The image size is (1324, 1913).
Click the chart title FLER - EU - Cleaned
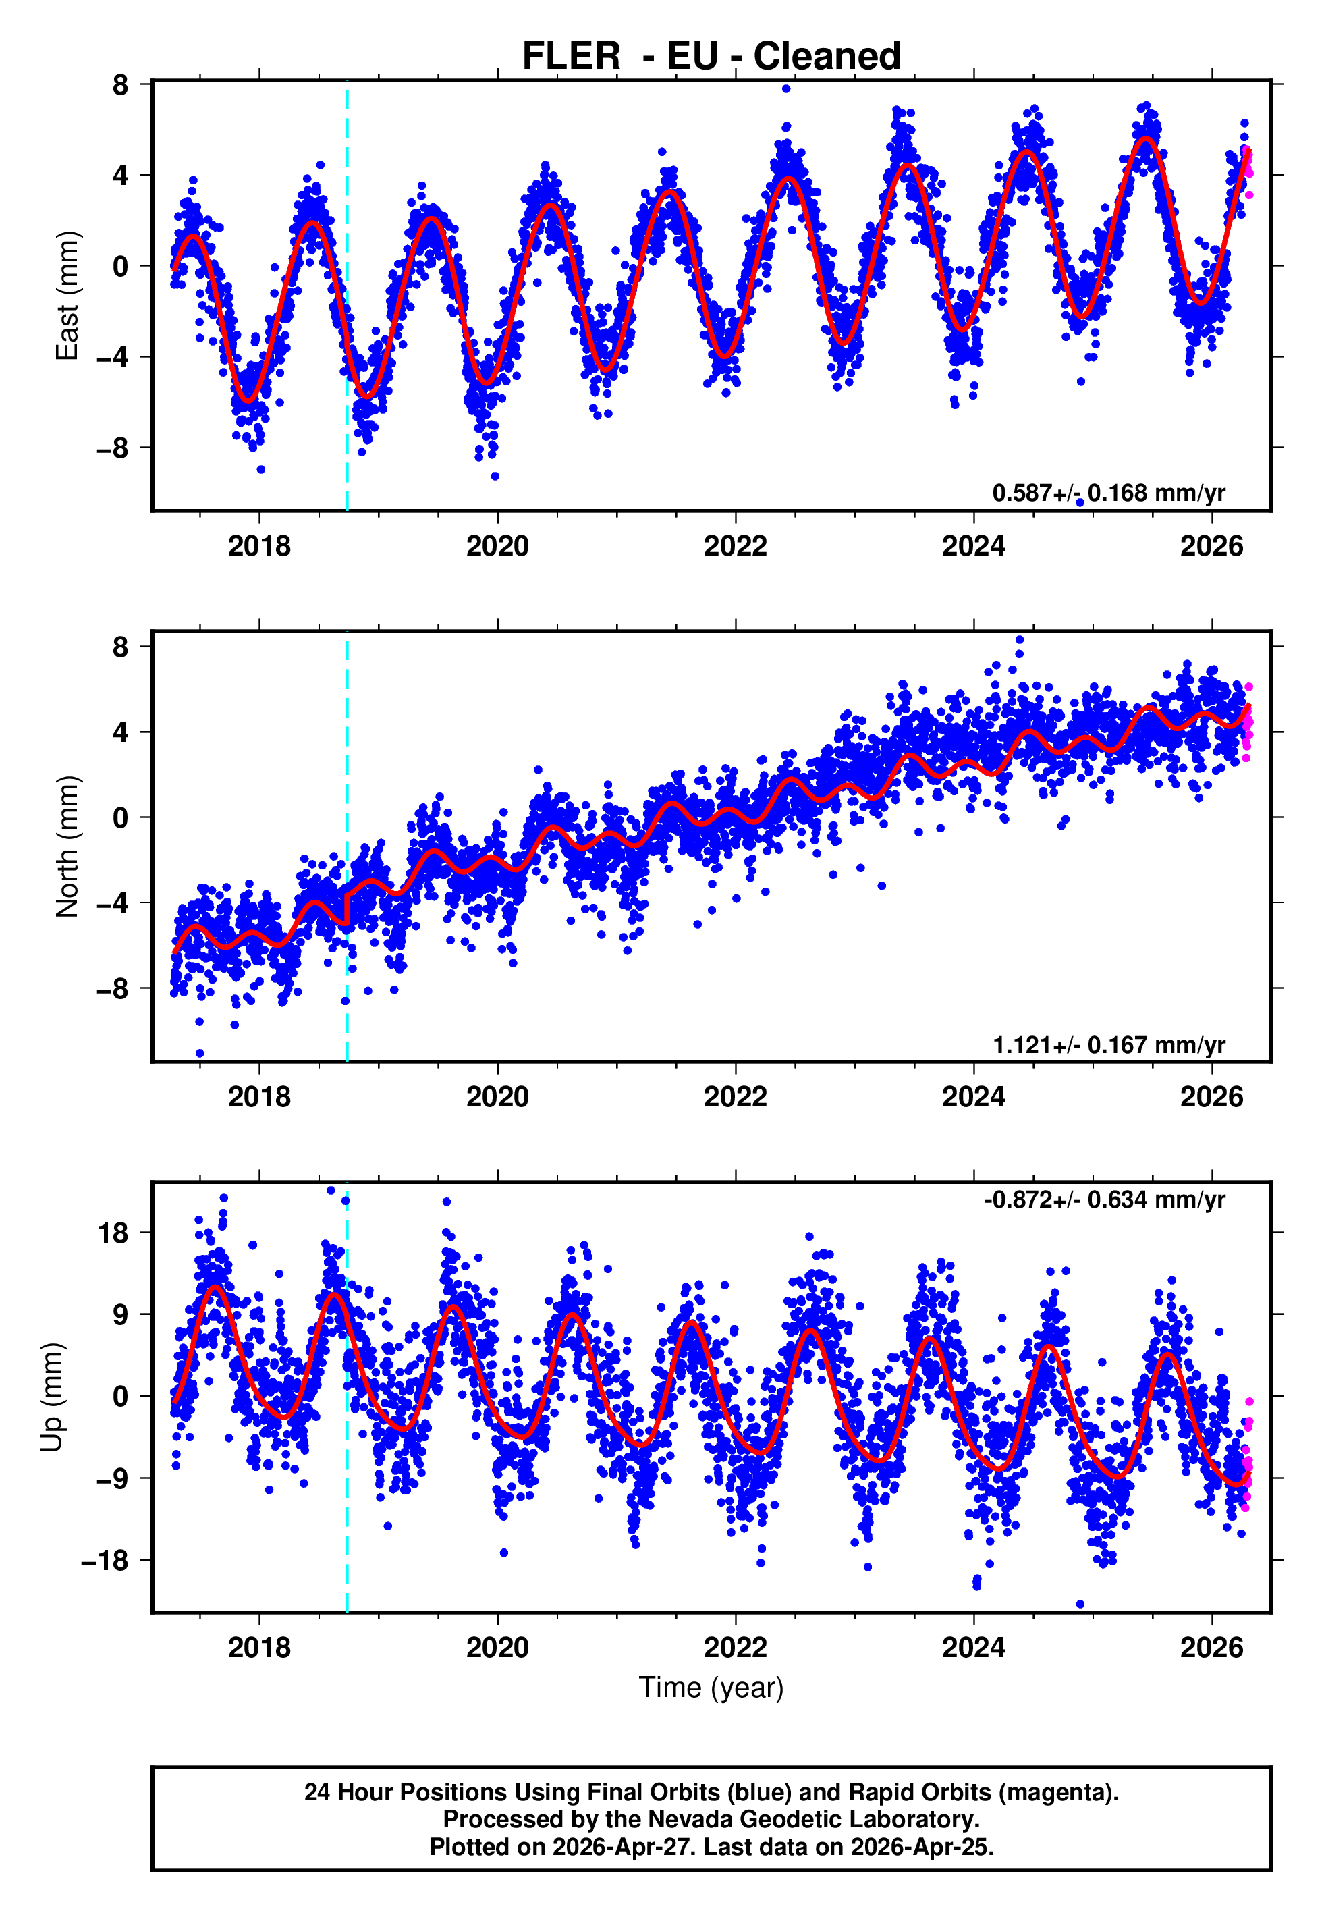pos(711,57)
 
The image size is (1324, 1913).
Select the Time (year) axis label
pos(711,1688)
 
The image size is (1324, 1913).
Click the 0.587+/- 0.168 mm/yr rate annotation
pos(1108,493)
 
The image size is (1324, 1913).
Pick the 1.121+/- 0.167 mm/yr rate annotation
pos(1108,1044)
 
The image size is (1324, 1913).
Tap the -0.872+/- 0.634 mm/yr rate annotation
pos(1104,1200)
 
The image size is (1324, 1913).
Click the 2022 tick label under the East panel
pos(735,546)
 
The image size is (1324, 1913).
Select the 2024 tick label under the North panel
pos(973,1097)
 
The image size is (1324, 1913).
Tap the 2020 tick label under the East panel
pos(497,546)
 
